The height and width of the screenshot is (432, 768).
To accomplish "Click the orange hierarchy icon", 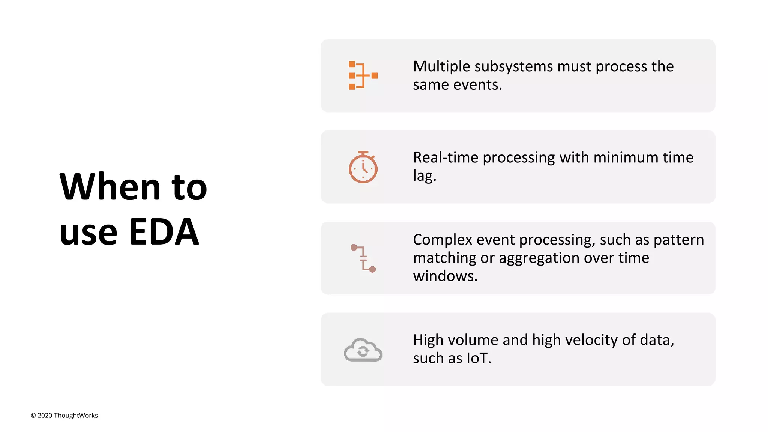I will click(x=363, y=75).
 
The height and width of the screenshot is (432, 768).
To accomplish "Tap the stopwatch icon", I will click(x=363, y=168).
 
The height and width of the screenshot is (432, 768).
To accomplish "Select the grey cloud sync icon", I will click(x=363, y=349).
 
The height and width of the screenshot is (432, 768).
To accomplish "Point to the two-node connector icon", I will click(x=363, y=258).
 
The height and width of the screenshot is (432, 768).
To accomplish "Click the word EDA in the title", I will click(x=163, y=232).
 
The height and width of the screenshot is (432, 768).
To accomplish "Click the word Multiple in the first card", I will click(x=441, y=66).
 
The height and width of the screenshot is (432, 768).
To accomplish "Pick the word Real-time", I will click(x=445, y=157).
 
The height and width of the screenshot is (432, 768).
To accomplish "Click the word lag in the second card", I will click(x=424, y=175).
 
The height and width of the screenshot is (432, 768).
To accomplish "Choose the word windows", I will click(x=444, y=276).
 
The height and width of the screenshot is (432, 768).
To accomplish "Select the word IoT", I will click(x=478, y=358).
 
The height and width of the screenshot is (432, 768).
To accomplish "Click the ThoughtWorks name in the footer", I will click(x=76, y=415).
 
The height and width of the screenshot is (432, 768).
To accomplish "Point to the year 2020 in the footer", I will click(x=45, y=415).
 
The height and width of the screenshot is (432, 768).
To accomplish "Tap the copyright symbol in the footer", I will click(x=33, y=415).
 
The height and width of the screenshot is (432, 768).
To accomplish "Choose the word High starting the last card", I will click(x=428, y=340).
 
